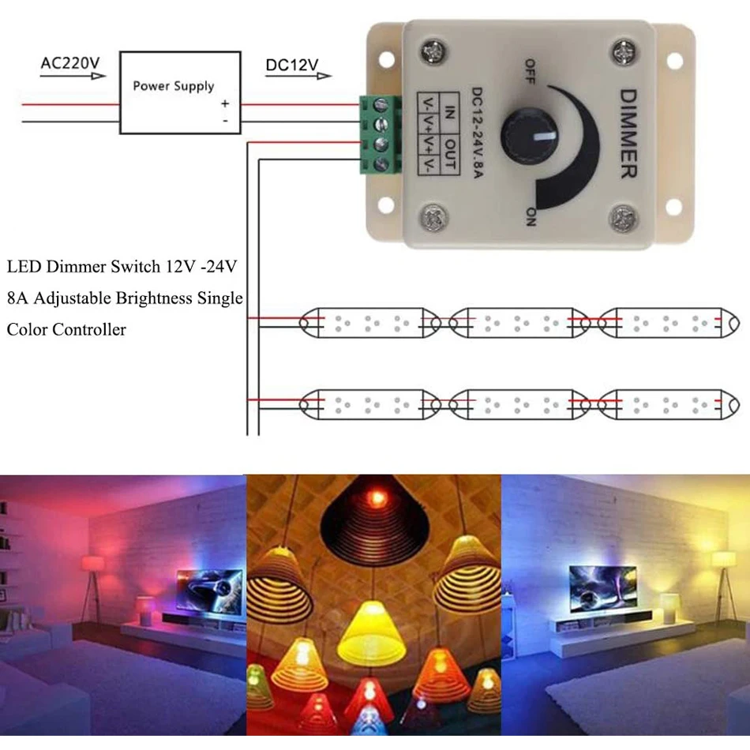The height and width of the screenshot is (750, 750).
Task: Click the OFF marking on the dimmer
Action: coord(530,69)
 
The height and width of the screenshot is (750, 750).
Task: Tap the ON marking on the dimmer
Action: coord(530,217)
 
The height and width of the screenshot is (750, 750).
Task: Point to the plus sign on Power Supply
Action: coord(225,103)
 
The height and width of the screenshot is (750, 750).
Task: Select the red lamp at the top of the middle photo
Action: coord(375,499)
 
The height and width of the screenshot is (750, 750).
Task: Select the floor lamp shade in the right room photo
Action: coord(723,559)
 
